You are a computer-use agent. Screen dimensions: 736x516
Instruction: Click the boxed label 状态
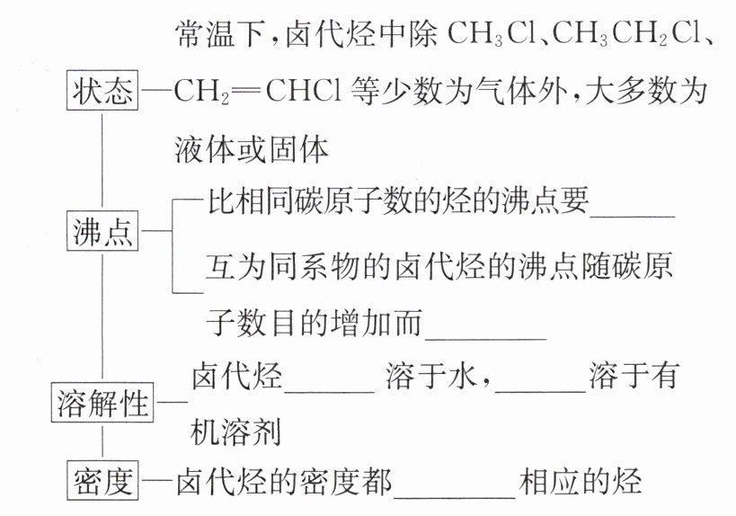point(102,92)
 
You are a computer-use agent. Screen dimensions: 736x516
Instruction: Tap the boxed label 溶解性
point(102,403)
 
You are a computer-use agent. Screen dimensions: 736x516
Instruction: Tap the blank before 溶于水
point(329,378)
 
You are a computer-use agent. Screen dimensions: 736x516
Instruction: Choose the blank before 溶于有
point(540,378)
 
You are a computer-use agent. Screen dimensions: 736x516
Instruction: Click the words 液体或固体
point(253,148)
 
